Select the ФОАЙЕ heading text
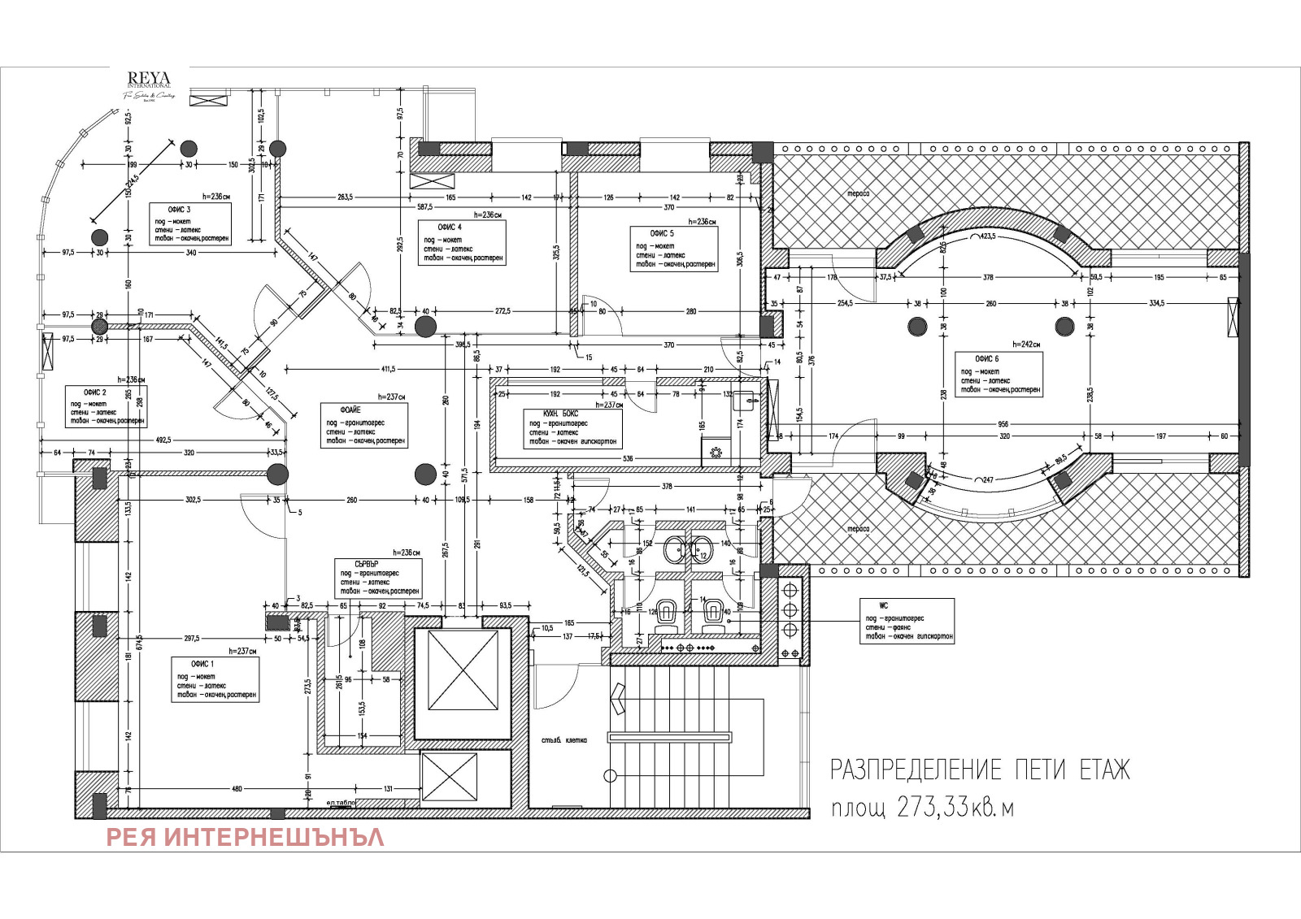[x=351, y=410]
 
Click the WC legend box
[x=907, y=622]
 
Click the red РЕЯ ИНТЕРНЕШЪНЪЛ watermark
[x=245, y=837]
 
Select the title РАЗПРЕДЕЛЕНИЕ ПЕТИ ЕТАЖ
[x=979, y=769]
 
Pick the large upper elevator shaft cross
[x=463, y=670]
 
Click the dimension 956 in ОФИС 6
[x=1003, y=424]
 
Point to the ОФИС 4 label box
[x=463, y=242]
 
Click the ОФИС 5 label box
[x=674, y=249]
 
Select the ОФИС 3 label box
[x=190, y=223]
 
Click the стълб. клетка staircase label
[x=563, y=740]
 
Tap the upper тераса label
[x=858, y=194]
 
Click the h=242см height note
[x=1026, y=345]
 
